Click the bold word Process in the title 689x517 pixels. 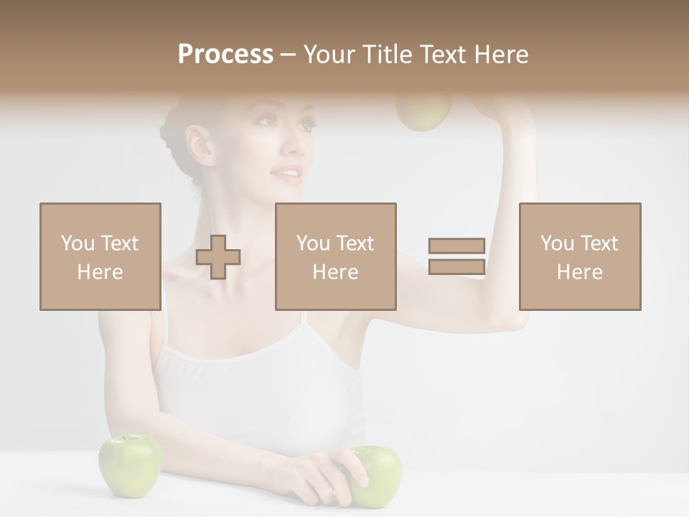click(225, 55)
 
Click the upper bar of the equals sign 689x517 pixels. click(456, 246)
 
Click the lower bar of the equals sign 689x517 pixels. click(456, 267)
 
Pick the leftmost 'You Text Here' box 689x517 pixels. click(100, 257)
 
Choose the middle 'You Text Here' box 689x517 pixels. click(336, 257)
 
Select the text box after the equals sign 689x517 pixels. click(580, 257)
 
